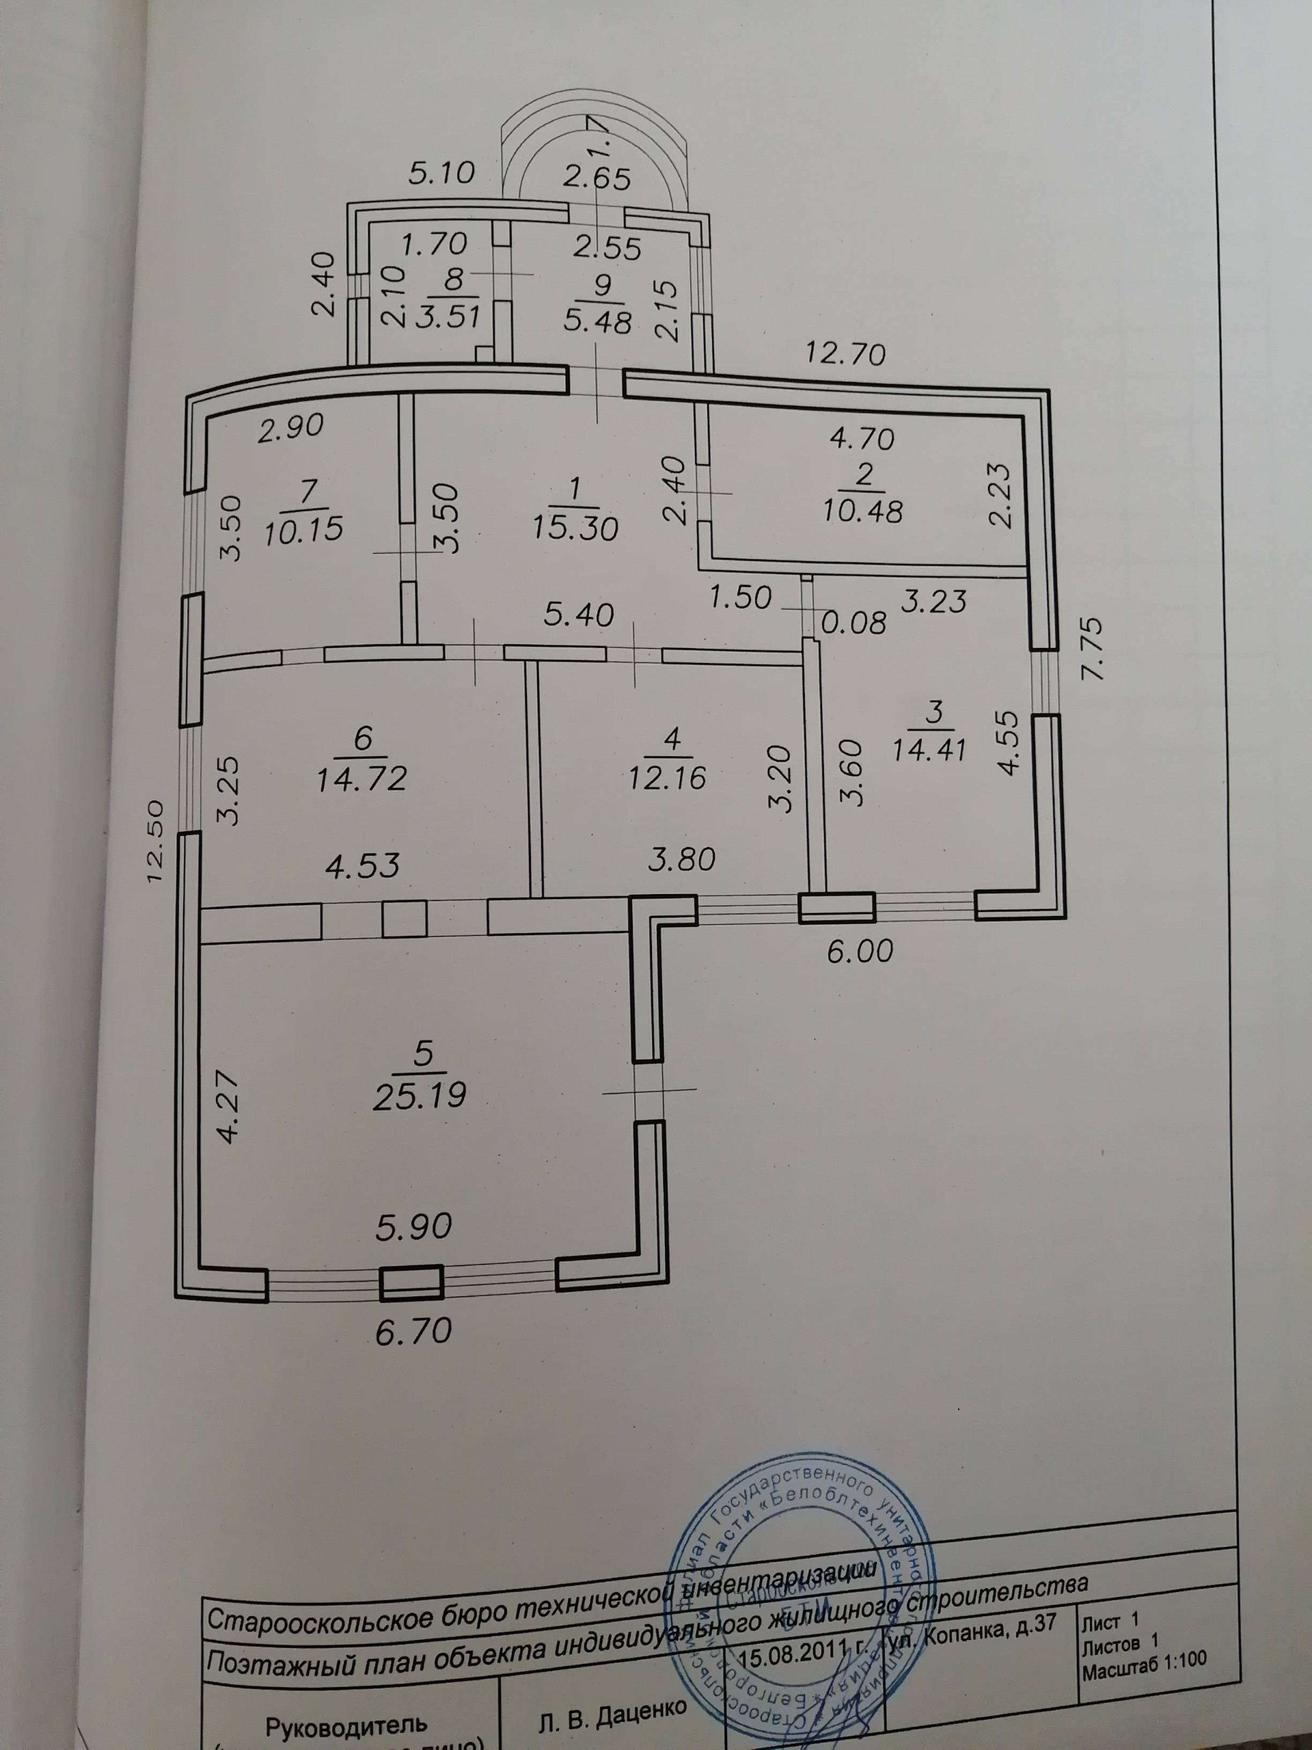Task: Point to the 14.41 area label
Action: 929,749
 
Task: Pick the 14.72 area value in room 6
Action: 362,779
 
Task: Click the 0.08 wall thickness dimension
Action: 855,624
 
